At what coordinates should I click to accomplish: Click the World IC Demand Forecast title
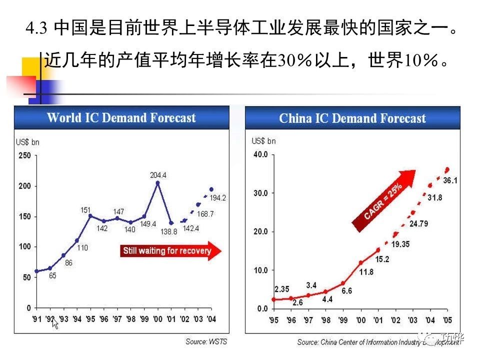(x=121, y=118)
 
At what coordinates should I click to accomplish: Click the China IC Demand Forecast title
(x=352, y=118)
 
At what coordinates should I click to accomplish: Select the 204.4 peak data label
(x=158, y=175)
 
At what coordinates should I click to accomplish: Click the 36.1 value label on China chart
(x=450, y=180)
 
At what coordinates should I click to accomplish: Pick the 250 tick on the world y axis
(x=25, y=155)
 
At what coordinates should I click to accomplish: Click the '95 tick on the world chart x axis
(x=90, y=318)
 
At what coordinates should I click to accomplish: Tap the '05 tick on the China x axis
(x=447, y=320)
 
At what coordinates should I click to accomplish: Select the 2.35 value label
(x=281, y=289)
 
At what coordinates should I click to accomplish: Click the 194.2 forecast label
(x=217, y=198)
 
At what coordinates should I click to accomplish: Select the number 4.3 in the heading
(x=36, y=28)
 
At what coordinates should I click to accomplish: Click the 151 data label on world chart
(x=85, y=210)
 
